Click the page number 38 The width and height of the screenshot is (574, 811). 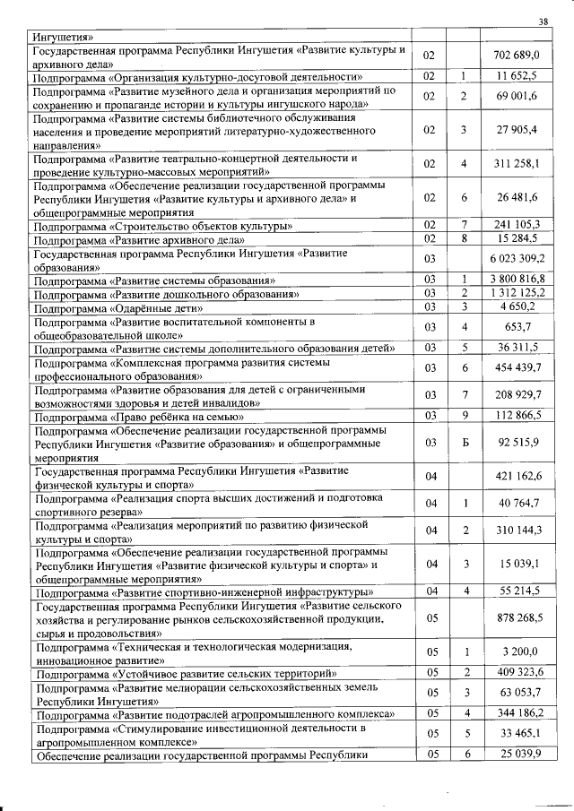coord(543,22)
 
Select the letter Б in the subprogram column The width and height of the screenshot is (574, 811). coord(464,443)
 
